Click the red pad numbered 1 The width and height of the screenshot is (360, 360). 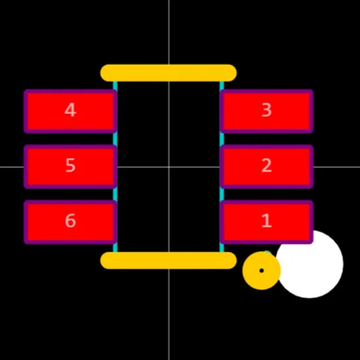point(266,222)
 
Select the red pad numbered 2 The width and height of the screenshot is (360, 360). point(266,167)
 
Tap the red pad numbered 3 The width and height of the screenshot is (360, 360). point(266,111)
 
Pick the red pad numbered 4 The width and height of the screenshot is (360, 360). point(71,111)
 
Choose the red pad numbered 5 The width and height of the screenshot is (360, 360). point(71,167)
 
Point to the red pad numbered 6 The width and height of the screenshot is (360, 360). point(71,222)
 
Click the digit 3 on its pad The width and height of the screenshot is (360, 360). point(266,110)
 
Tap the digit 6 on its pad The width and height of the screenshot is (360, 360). point(71,221)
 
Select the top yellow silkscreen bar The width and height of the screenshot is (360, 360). point(168,73)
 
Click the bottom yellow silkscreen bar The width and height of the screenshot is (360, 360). point(168,261)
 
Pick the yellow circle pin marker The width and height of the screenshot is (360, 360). point(262,271)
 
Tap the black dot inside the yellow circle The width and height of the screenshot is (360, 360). point(262,271)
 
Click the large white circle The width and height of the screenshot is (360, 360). point(310,264)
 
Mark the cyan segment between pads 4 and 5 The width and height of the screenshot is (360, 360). point(115,139)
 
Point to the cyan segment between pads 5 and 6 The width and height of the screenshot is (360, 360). point(115,194)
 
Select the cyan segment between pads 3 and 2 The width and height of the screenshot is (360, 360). point(222,139)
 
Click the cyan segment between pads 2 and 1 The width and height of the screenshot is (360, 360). point(222,194)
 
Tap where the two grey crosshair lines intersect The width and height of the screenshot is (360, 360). point(169,167)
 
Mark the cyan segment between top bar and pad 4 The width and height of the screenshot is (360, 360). point(115,86)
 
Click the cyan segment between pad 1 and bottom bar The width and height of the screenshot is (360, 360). point(222,247)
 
